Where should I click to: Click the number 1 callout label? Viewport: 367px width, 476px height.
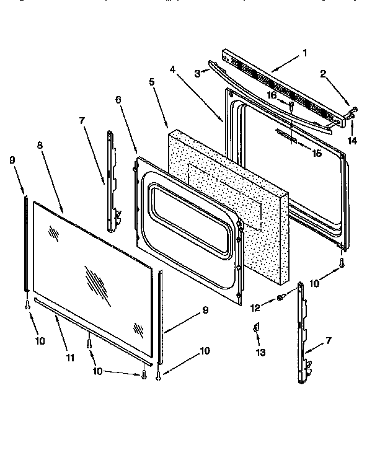tap(304, 53)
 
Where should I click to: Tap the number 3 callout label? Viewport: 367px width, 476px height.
tap(198, 74)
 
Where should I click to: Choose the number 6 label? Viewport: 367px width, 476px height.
tap(118, 99)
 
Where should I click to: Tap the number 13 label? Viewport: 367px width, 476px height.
tap(260, 352)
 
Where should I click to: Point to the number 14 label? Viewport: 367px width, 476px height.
tap(353, 141)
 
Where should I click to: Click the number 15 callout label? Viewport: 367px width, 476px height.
tap(317, 153)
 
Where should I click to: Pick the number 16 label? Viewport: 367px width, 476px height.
tap(271, 94)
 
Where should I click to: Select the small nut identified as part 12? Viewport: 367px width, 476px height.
tap(280, 298)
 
